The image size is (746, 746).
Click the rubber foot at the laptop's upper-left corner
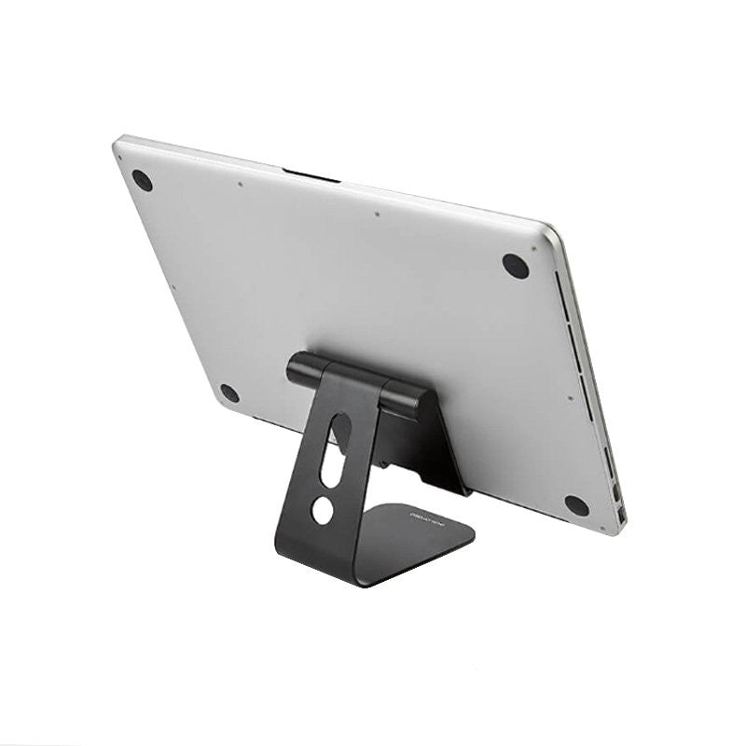point(142,180)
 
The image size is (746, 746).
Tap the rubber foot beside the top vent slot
point(516,265)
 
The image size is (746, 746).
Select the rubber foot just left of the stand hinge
point(229,393)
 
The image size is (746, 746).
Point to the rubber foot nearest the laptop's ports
point(576,505)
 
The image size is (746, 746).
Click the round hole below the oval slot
point(322,510)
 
